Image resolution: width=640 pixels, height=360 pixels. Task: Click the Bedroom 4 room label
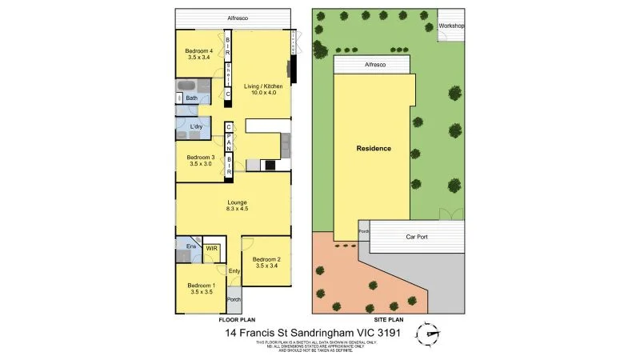(194, 50)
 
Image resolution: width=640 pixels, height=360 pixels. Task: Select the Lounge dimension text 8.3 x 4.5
(237, 209)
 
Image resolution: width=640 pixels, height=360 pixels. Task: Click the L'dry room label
(196, 126)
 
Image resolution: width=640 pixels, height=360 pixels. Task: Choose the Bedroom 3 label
(199, 158)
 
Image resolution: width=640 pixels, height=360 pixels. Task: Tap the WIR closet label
(212, 249)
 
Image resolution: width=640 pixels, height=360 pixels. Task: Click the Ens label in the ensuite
(191, 247)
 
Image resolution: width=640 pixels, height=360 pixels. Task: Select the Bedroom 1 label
(202, 286)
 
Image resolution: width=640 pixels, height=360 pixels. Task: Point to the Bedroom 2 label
(266, 259)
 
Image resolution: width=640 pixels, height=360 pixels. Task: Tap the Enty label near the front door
(234, 271)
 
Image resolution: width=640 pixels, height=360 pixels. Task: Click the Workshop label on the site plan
(452, 26)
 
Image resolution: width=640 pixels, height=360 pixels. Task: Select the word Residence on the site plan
(374, 149)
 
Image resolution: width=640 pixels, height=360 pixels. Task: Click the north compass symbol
(433, 334)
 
